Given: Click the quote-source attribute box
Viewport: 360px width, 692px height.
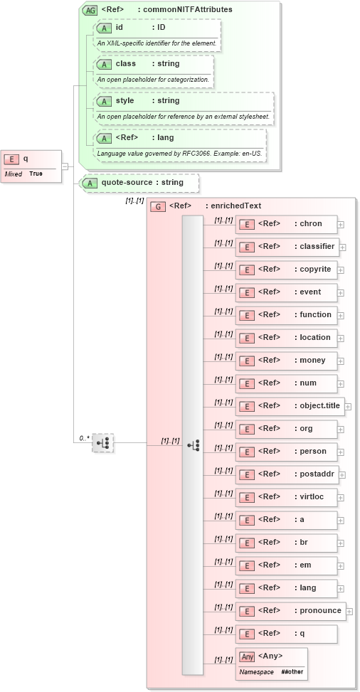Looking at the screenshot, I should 139,183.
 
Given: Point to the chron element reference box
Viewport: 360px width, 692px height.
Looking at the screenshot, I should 286,224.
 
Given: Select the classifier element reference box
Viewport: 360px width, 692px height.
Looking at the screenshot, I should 287,247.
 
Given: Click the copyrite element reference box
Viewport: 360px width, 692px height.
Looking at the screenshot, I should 286,270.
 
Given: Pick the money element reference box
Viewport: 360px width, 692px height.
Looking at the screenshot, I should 286,361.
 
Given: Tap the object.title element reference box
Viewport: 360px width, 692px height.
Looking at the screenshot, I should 290,406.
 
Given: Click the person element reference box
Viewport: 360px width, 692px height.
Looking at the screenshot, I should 286,452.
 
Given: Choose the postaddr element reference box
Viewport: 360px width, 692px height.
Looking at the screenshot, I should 286,474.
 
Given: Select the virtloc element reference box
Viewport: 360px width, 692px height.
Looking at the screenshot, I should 286,497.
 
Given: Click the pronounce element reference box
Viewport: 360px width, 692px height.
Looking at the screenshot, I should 290,611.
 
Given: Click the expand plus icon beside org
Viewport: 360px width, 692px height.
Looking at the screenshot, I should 341,430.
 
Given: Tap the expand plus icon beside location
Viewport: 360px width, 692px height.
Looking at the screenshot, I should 341,339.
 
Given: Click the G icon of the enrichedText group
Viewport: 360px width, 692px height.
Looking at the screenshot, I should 158,206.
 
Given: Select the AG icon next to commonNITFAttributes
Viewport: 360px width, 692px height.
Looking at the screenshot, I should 90,10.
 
